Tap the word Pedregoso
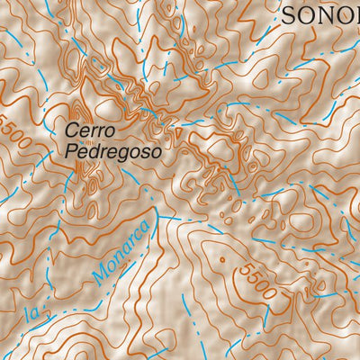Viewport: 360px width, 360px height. click(x=113, y=152)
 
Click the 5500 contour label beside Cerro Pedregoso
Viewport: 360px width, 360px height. click(x=15, y=132)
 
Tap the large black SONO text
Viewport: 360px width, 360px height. click(x=320, y=14)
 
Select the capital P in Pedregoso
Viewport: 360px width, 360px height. click(x=72, y=152)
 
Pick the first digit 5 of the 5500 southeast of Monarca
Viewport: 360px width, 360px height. click(x=244, y=266)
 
